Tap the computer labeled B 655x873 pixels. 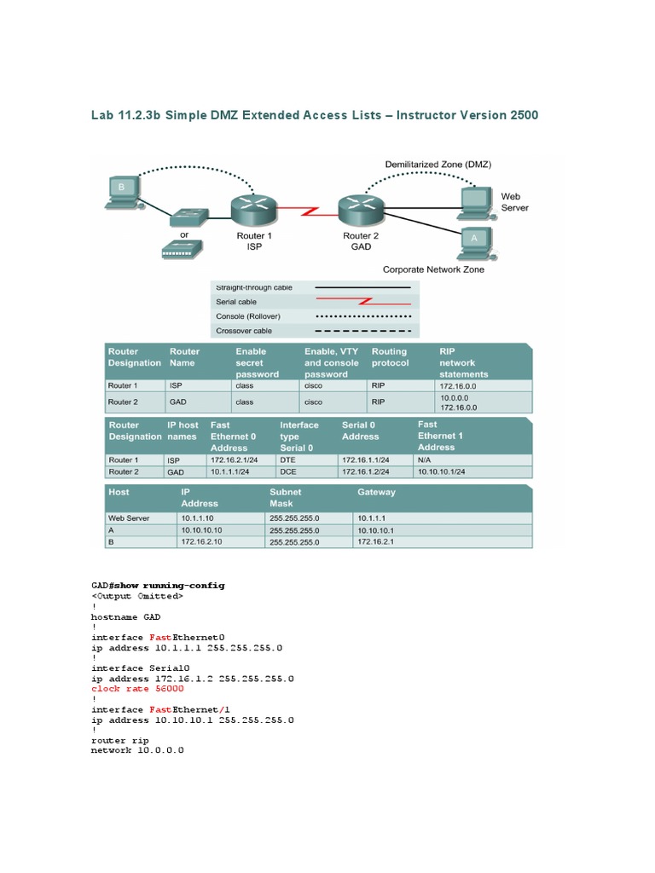coord(120,191)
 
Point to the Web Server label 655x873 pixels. coord(513,202)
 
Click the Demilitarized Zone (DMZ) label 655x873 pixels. coord(438,164)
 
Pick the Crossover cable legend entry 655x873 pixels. coord(244,331)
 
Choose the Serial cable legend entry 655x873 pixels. coord(236,302)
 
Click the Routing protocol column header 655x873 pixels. coord(390,357)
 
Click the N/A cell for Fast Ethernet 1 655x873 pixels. coord(424,460)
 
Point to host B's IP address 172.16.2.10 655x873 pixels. coord(201,541)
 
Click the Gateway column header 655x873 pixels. coord(376,492)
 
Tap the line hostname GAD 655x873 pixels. coord(125,616)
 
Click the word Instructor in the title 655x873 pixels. coord(433,115)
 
